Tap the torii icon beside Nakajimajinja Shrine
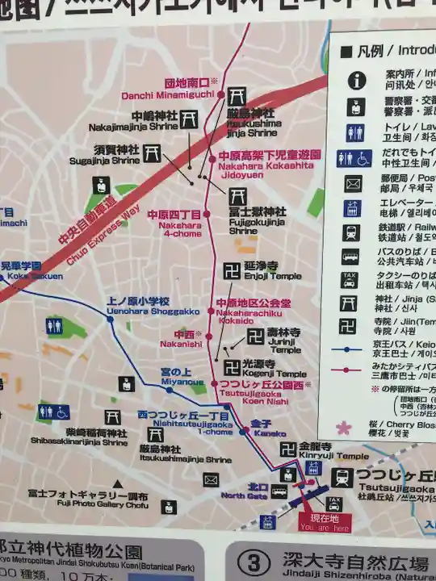(x=190, y=118)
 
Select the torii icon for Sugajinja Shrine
(x=153, y=153)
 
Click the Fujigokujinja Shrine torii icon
(x=237, y=196)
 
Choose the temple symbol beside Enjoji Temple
(x=232, y=270)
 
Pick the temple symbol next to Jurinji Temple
(x=256, y=336)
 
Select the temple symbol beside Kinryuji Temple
(x=287, y=449)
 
